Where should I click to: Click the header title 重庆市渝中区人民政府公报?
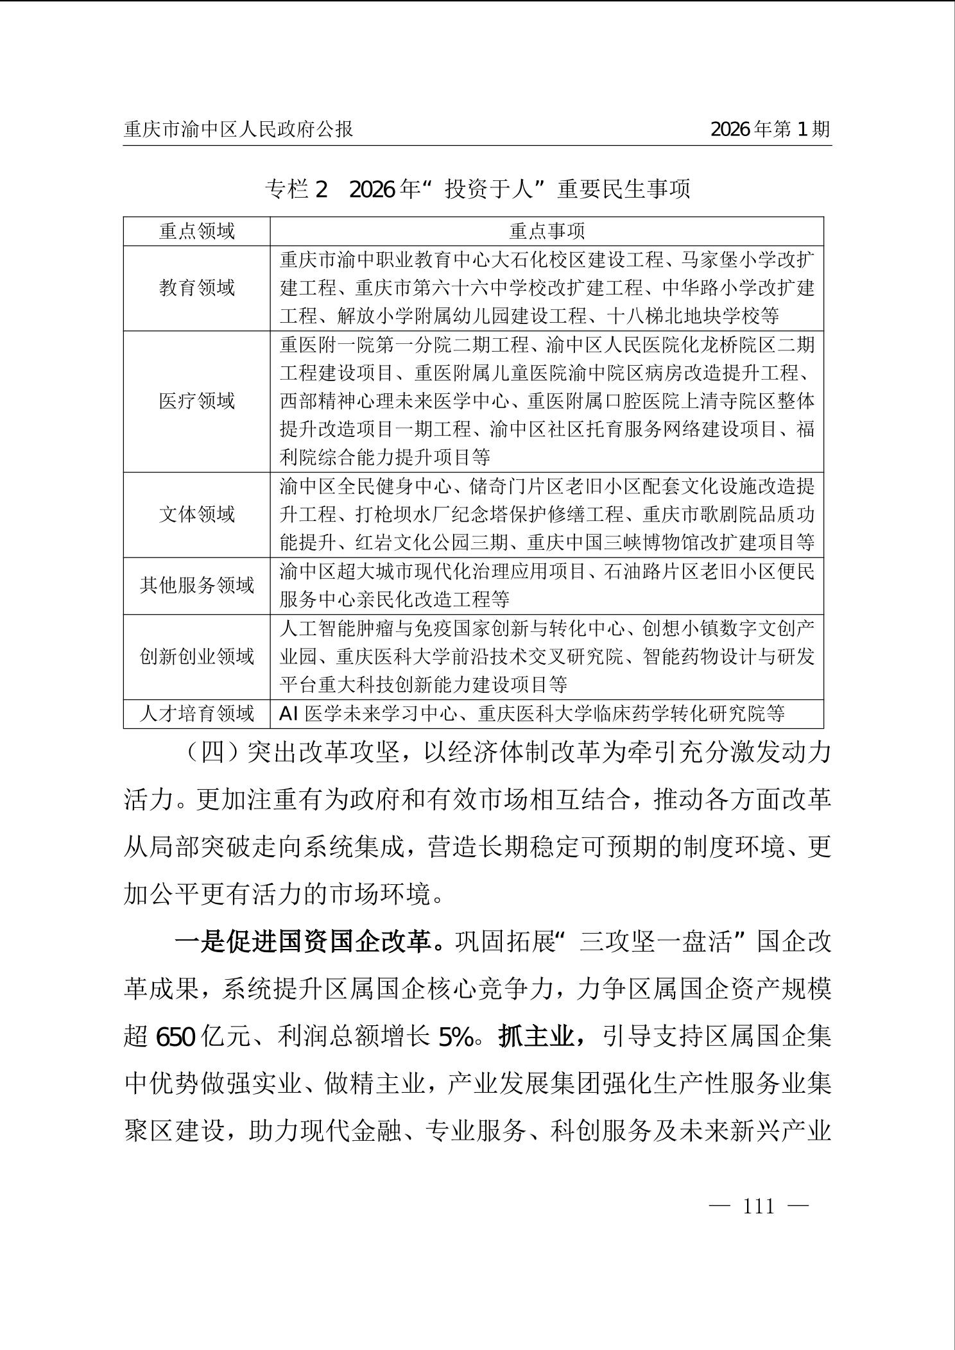tap(238, 130)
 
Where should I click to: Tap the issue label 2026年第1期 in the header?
tap(770, 130)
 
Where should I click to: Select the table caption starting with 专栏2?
tap(477, 189)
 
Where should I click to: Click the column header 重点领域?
tap(197, 231)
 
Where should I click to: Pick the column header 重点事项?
tap(547, 231)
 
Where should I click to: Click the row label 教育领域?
tap(197, 288)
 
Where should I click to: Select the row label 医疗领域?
tap(197, 402)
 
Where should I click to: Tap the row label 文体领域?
tap(197, 515)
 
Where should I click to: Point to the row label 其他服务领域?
tap(197, 586)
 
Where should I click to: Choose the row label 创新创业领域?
tap(197, 656)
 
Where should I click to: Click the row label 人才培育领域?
tap(197, 713)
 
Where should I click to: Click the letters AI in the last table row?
tap(288, 713)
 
